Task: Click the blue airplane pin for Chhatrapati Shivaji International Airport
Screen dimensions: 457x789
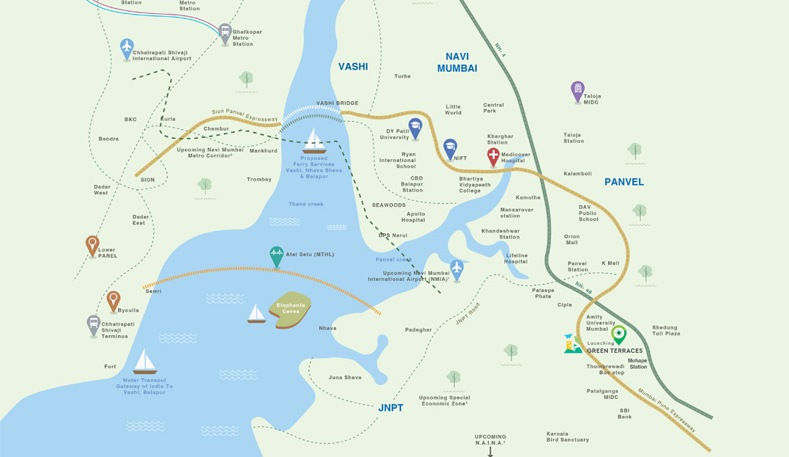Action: tap(127, 48)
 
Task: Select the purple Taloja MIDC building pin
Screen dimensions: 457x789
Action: tap(577, 90)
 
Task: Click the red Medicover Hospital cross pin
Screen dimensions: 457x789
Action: tap(494, 156)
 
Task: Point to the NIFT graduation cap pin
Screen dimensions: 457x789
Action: tap(450, 147)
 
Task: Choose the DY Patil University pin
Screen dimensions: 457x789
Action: tap(415, 128)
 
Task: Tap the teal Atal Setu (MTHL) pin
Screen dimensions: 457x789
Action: tap(276, 255)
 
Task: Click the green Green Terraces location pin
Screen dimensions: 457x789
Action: tap(619, 334)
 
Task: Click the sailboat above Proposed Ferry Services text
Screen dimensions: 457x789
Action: tap(314, 140)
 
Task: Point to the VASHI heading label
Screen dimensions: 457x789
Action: tap(352, 67)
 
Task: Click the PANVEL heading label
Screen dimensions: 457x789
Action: tap(624, 182)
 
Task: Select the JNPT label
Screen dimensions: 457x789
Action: tap(390, 407)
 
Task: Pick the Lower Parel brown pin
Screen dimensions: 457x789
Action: tap(92, 244)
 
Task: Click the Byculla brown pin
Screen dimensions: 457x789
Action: tap(113, 300)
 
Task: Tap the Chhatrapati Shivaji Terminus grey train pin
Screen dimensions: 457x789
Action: tap(93, 324)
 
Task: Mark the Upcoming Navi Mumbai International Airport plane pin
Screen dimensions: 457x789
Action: tap(457, 268)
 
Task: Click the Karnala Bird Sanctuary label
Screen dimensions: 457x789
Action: tap(567, 436)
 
